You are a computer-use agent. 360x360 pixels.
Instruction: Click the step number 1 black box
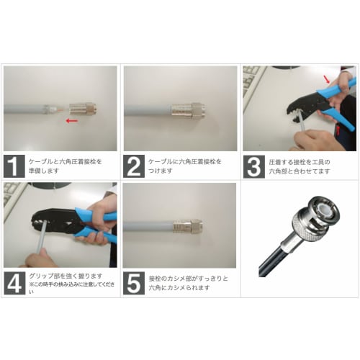coord(15,167)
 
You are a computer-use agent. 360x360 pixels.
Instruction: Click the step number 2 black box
coord(135,167)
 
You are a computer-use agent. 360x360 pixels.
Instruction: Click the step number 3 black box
coord(253,167)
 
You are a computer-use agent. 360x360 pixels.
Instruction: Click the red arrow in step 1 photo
coord(72,121)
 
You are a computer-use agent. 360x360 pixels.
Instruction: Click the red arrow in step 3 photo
coord(329,78)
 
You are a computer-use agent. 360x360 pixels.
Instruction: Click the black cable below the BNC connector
coord(272,263)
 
